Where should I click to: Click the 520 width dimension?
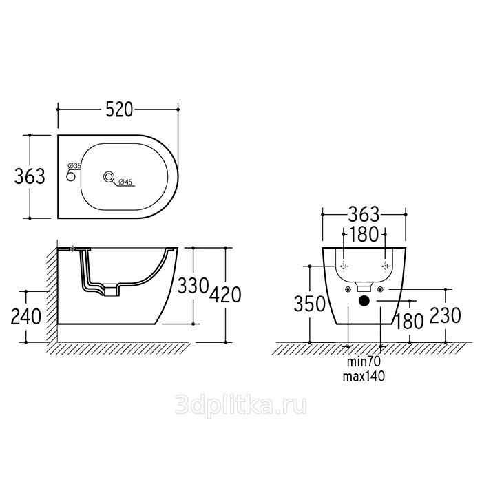(x=119, y=109)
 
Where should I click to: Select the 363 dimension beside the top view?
(x=30, y=176)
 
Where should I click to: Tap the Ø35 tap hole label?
(x=74, y=166)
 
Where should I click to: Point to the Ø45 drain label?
(x=125, y=182)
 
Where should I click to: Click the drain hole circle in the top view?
(x=109, y=177)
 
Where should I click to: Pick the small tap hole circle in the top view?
(x=71, y=177)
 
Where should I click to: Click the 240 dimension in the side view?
(x=26, y=317)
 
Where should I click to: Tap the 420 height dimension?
(x=225, y=295)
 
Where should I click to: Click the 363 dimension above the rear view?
(x=364, y=214)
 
